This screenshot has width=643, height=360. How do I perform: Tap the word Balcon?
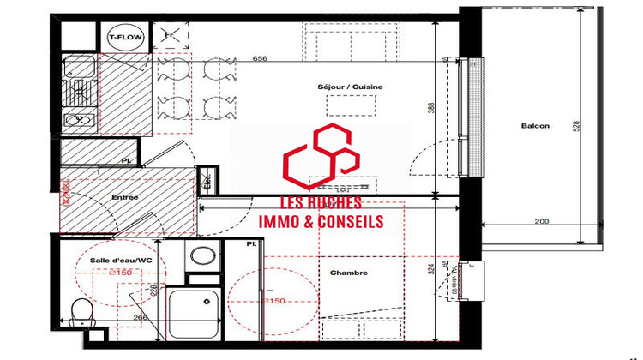click(535, 127)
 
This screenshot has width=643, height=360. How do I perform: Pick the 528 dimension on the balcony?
click(577, 126)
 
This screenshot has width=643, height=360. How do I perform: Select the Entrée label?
click(125, 197)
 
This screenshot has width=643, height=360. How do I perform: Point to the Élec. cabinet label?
click(207, 181)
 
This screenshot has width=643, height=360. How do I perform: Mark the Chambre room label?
click(348, 273)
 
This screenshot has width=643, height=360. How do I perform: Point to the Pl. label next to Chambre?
click(251, 244)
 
